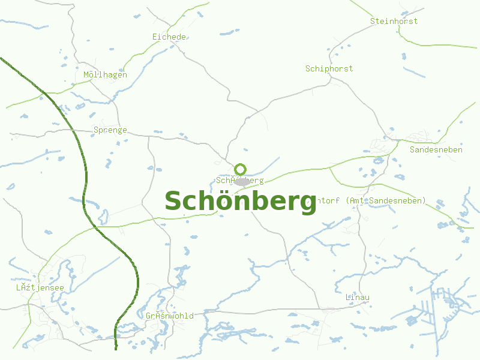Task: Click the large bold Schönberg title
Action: tap(240, 202)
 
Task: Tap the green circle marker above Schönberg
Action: tap(241, 169)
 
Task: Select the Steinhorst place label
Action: tap(394, 21)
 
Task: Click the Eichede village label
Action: tap(169, 37)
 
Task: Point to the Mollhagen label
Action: tap(105, 75)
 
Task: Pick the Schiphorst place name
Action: tap(329, 68)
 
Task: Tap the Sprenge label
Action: tap(110, 130)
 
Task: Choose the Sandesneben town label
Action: tap(436, 149)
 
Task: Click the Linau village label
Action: tap(358, 298)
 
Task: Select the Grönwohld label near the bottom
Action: tap(170, 316)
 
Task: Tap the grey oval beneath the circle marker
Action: tap(241, 182)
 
